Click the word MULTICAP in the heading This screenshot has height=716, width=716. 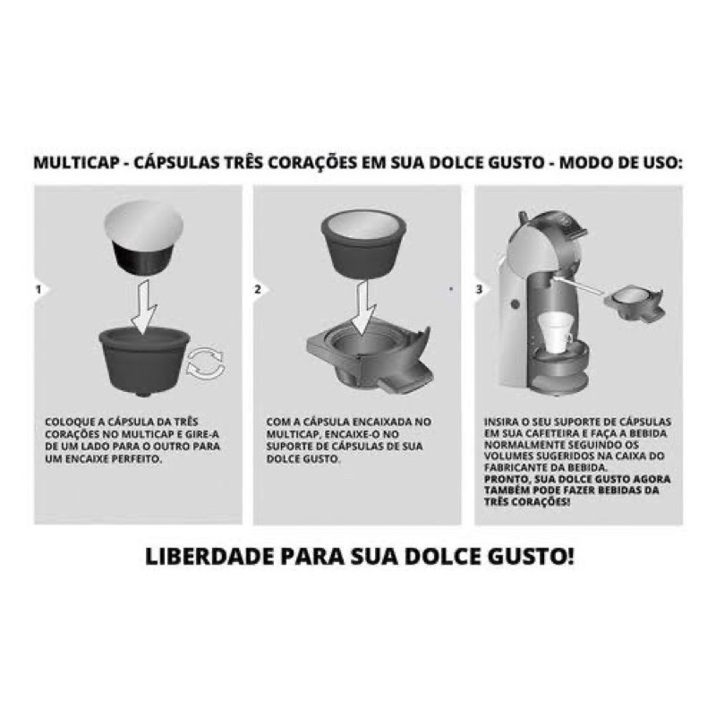77,163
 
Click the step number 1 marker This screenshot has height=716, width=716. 38,289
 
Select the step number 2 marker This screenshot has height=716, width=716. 258,289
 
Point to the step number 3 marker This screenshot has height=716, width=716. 479,289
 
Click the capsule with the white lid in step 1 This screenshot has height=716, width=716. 144,237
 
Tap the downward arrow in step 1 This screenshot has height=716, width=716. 143,306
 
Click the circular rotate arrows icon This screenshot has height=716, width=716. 206,363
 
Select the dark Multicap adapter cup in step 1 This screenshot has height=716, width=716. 144,361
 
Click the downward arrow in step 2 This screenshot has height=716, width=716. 363,307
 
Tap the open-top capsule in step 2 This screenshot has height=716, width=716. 363,244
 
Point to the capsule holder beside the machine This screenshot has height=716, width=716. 635,303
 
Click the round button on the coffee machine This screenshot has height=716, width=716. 516,304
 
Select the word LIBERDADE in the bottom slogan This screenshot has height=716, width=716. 209,556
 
